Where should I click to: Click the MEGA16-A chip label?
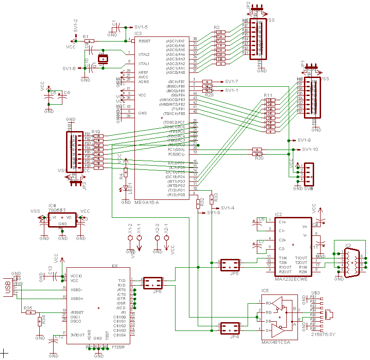click(146, 202)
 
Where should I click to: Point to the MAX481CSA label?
click(275, 343)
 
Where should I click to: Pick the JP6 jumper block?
click(153, 283)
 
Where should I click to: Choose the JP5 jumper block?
click(230, 265)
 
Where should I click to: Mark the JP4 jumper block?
click(230, 328)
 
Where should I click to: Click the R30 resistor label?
click(259, 158)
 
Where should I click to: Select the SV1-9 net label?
click(304, 140)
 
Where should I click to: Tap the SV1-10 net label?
click(310, 149)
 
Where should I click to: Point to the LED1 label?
click(131, 189)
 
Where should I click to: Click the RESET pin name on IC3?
click(144, 41)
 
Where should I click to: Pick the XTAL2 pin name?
click(144, 54)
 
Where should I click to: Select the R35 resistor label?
click(28, 308)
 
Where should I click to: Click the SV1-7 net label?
click(231, 81)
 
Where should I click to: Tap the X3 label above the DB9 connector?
click(348, 245)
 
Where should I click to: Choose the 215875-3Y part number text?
click(323, 334)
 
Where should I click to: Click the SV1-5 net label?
click(141, 27)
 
